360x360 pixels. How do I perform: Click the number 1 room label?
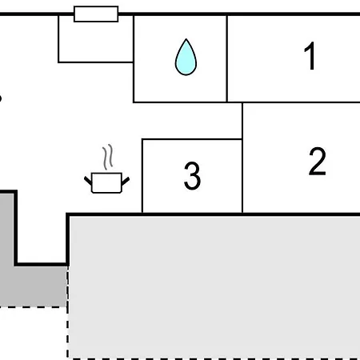(310, 56)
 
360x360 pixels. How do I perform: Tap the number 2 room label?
(318, 161)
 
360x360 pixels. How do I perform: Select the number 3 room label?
(192, 175)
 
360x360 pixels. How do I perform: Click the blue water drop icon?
(186, 57)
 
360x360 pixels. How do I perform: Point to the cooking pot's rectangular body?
(106, 182)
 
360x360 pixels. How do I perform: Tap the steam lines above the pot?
(108, 157)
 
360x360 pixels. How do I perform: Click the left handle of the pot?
(88, 181)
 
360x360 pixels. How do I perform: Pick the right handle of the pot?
(126, 181)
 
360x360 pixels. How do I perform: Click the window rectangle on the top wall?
(96, 14)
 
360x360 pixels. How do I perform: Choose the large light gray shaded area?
(214, 286)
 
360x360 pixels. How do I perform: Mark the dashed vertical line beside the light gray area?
(67, 312)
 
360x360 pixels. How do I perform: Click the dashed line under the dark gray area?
(33, 307)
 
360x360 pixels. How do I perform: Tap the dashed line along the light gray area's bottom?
(214, 358)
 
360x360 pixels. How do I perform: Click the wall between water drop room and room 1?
(226, 58)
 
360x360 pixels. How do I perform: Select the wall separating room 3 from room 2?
(242, 176)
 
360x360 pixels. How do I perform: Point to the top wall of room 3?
(192, 139)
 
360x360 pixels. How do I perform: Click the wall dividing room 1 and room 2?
(301, 102)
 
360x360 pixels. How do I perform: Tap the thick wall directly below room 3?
(192, 214)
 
